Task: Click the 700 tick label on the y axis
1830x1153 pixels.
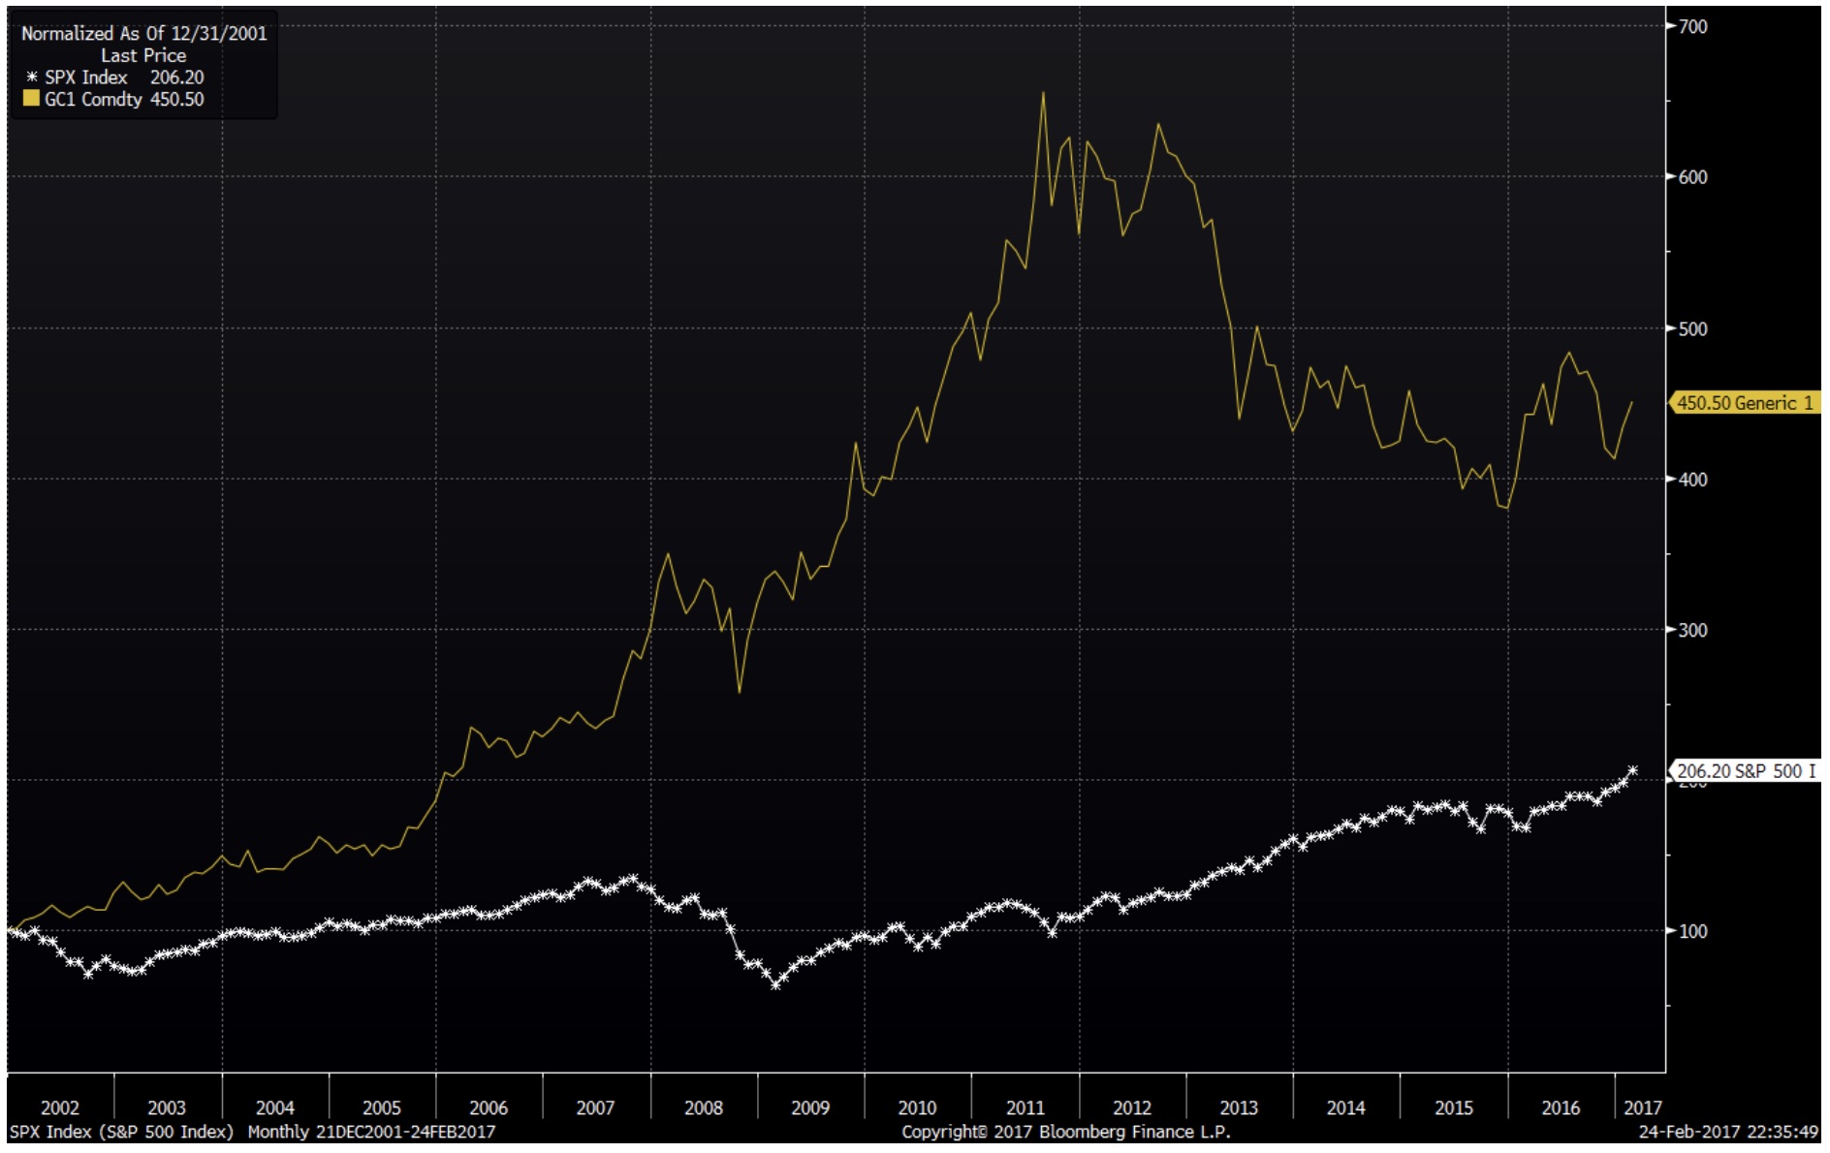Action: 1692,27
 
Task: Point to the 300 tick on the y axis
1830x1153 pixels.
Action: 1692,631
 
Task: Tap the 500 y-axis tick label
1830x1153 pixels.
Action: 1692,329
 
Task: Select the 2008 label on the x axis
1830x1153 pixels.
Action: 703,1107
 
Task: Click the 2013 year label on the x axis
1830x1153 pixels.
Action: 1238,1107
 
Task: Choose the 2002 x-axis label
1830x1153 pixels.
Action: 59,1107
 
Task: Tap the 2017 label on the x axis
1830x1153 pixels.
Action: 1642,1107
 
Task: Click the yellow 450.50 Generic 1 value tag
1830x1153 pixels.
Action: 1744,403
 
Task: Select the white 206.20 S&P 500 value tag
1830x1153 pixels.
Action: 1746,771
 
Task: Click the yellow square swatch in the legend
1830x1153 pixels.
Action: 31,99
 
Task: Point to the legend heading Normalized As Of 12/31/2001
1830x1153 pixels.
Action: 143,33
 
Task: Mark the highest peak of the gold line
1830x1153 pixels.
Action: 1043,93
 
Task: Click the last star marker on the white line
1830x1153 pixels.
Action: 1632,771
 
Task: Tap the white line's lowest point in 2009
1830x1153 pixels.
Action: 775,984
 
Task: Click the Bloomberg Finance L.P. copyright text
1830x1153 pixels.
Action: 1065,1132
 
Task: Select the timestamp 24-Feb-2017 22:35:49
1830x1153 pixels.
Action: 1727,1132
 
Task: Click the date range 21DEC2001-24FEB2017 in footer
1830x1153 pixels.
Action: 405,1132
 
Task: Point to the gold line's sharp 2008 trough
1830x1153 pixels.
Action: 740,692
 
